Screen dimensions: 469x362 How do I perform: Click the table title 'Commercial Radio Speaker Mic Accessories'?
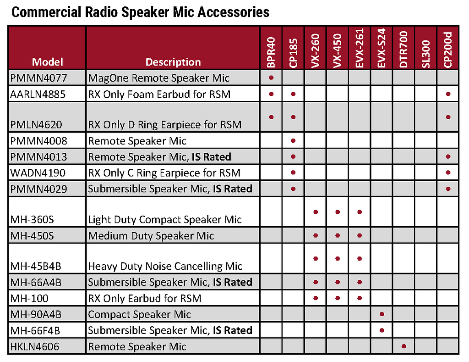[140, 12]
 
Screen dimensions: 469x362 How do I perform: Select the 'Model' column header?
[47, 62]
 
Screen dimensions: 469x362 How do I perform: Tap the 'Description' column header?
[173, 62]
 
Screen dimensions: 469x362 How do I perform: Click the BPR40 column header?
[271, 52]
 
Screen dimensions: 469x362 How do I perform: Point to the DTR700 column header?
[404, 49]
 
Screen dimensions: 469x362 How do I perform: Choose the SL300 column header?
[426, 54]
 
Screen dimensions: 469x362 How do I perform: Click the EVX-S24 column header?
[382, 48]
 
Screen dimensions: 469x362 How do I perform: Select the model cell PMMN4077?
[38, 78]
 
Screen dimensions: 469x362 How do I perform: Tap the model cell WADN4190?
[38, 173]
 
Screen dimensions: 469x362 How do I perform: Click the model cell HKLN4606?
[35, 347]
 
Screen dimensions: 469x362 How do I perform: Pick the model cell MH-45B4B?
[36, 266]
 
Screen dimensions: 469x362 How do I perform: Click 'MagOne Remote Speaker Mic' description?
[159, 78]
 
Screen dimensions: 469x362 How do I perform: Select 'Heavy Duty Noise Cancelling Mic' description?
[165, 266]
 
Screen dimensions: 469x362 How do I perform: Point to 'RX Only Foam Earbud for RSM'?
[159, 95]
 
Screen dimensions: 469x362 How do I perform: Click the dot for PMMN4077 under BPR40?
[271, 78]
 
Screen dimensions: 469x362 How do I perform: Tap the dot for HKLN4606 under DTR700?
[404, 346]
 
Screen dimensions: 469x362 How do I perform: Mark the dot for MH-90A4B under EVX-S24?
[382, 314]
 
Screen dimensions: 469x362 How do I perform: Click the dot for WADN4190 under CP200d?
[448, 173]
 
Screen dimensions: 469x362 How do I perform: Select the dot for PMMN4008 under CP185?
[293, 140]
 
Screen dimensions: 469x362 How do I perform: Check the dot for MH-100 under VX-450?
[338, 298]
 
